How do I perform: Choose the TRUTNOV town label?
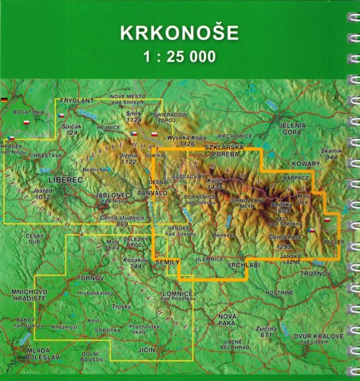click(315, 274)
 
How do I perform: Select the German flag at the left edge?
click(5, 100)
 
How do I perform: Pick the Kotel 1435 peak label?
click(215, 184)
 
